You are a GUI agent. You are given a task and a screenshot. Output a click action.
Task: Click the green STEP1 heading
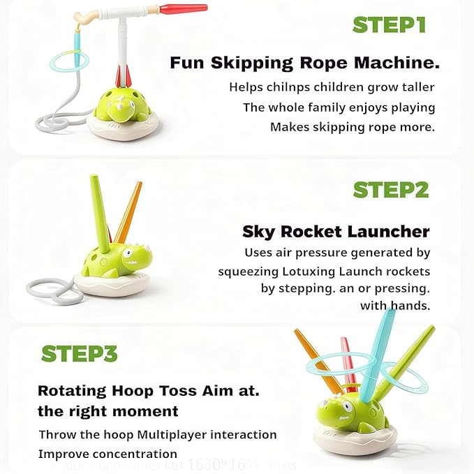tap(390, 24)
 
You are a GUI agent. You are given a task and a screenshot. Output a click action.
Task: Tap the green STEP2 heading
tap(390, 190)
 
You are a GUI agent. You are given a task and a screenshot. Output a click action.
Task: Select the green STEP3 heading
tap(78, 354)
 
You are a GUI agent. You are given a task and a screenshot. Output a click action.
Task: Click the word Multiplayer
tap(176, 434)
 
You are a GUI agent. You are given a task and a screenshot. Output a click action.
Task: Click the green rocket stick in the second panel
tap(99, 209)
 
